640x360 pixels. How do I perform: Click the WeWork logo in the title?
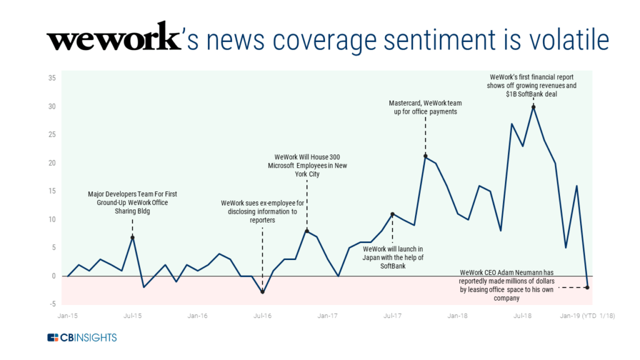(x=112, y=39)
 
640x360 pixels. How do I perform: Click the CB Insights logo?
(x=82, y=338)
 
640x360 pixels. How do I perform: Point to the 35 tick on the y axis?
(x=52, y=78)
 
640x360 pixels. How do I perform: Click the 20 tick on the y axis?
(x=52, y=163)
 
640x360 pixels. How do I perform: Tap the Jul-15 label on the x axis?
(x=132, y=316)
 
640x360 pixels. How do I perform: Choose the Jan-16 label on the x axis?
(x=197, y=316)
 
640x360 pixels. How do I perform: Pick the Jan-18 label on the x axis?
(x=457, y=316)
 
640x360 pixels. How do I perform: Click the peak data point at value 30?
(x=533, y=107)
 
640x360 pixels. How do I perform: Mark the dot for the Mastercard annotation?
(x=425, y=156)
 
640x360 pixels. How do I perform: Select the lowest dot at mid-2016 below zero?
(x=262, y=292)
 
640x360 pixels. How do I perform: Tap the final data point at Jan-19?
(x=587, y=287)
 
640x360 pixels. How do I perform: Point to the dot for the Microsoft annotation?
(x=306, y=231)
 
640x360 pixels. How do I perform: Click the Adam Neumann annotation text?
(x=505, y=286)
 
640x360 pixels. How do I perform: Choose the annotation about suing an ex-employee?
(x=262, y=212)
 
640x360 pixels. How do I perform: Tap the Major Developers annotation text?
(x=132, y=202)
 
